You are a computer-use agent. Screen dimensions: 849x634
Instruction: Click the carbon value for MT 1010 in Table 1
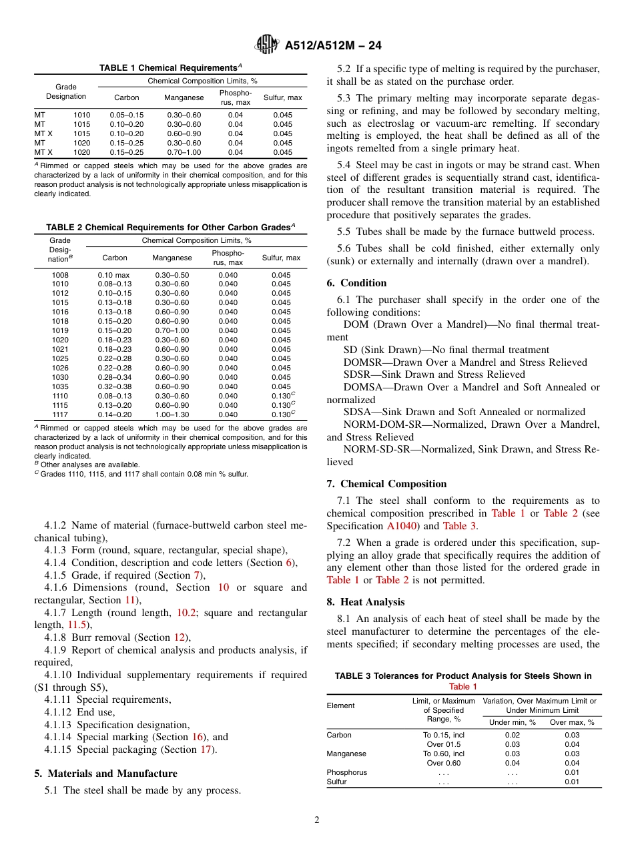(127, 115)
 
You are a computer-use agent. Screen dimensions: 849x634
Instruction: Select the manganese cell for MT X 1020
(184, 152)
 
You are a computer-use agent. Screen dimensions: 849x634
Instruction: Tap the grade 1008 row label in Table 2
(60, 275)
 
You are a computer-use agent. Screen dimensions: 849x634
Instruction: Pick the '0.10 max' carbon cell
(115, 275)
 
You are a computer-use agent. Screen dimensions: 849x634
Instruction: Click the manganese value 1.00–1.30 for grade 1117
(172, 414)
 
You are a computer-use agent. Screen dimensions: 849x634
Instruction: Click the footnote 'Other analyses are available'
(90, 465)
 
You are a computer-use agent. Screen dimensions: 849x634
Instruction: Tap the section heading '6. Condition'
(356, 283)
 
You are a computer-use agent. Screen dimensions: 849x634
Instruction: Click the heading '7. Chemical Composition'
(386, 484)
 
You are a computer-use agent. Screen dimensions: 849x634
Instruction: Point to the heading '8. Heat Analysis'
(365, 602)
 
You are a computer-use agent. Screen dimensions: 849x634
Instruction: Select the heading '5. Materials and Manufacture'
(105, 774)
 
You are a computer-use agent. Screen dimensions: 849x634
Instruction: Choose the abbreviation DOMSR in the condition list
(364, 362)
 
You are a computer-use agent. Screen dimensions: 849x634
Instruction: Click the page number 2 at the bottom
(316, 820)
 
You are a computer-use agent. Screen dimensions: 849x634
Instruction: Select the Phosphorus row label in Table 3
(346, 772)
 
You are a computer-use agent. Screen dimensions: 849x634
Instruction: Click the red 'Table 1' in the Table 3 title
(462, 686)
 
